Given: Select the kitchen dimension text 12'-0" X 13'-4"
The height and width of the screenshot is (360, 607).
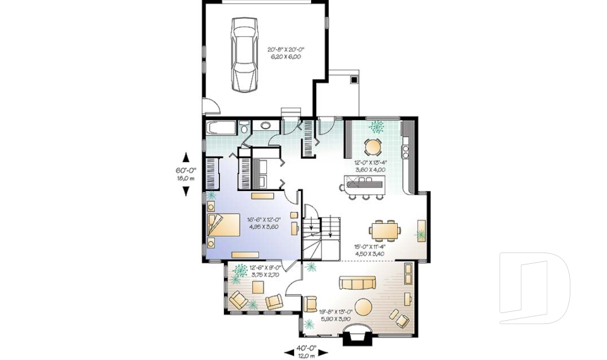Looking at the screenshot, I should (x=370, y=163).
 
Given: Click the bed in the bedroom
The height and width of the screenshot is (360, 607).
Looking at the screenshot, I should (x=223, y=225).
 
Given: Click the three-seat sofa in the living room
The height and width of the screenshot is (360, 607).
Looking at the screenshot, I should (x=358, y=283).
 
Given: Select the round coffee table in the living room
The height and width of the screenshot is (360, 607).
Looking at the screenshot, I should (x=365, y=307).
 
